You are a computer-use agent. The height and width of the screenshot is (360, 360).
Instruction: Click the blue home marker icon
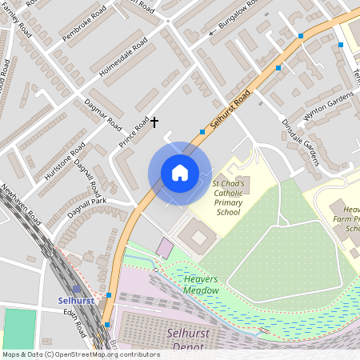tap(180, 173)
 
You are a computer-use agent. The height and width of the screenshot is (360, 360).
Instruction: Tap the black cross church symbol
tap(154, 122)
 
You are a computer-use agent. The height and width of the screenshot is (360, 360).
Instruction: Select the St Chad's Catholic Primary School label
tap(230, 198)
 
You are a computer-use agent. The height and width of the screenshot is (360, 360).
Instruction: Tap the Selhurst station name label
tap(77, 300)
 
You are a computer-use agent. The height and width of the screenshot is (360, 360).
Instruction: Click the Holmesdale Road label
tap(124, 56)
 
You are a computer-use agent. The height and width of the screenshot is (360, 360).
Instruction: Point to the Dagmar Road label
tap(102, 114)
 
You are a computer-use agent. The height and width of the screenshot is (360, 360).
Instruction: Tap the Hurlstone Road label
tap(65, 162)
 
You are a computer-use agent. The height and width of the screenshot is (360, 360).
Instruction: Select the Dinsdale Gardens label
tap(300, 142)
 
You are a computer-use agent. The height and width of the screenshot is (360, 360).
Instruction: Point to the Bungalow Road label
tap(239, 24)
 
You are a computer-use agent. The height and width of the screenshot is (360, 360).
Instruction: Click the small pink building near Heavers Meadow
tap(164, 248)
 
